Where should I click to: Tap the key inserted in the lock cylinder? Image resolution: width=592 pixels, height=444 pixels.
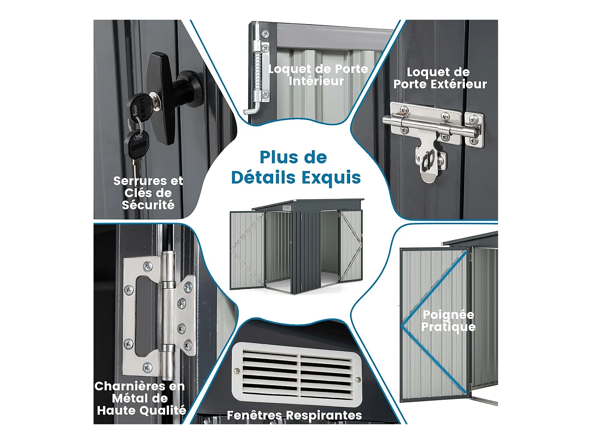tap(142, 105)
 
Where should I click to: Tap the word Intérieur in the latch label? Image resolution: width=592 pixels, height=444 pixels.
tap(316, 81)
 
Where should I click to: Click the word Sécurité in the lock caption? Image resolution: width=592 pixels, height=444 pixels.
tap(148, 205)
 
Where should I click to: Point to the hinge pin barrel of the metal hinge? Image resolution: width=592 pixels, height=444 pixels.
tap(168, 312)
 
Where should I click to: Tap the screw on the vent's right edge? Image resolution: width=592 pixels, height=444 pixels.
tap(358, 380)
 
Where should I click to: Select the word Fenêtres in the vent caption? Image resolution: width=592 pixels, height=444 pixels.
tap(255, 415)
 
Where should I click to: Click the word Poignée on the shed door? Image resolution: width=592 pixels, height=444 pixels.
tap(448, 315)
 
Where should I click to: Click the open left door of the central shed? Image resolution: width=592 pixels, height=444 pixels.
tap(247, 249)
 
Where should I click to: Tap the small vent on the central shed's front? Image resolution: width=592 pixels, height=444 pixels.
tap(287, 208)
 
